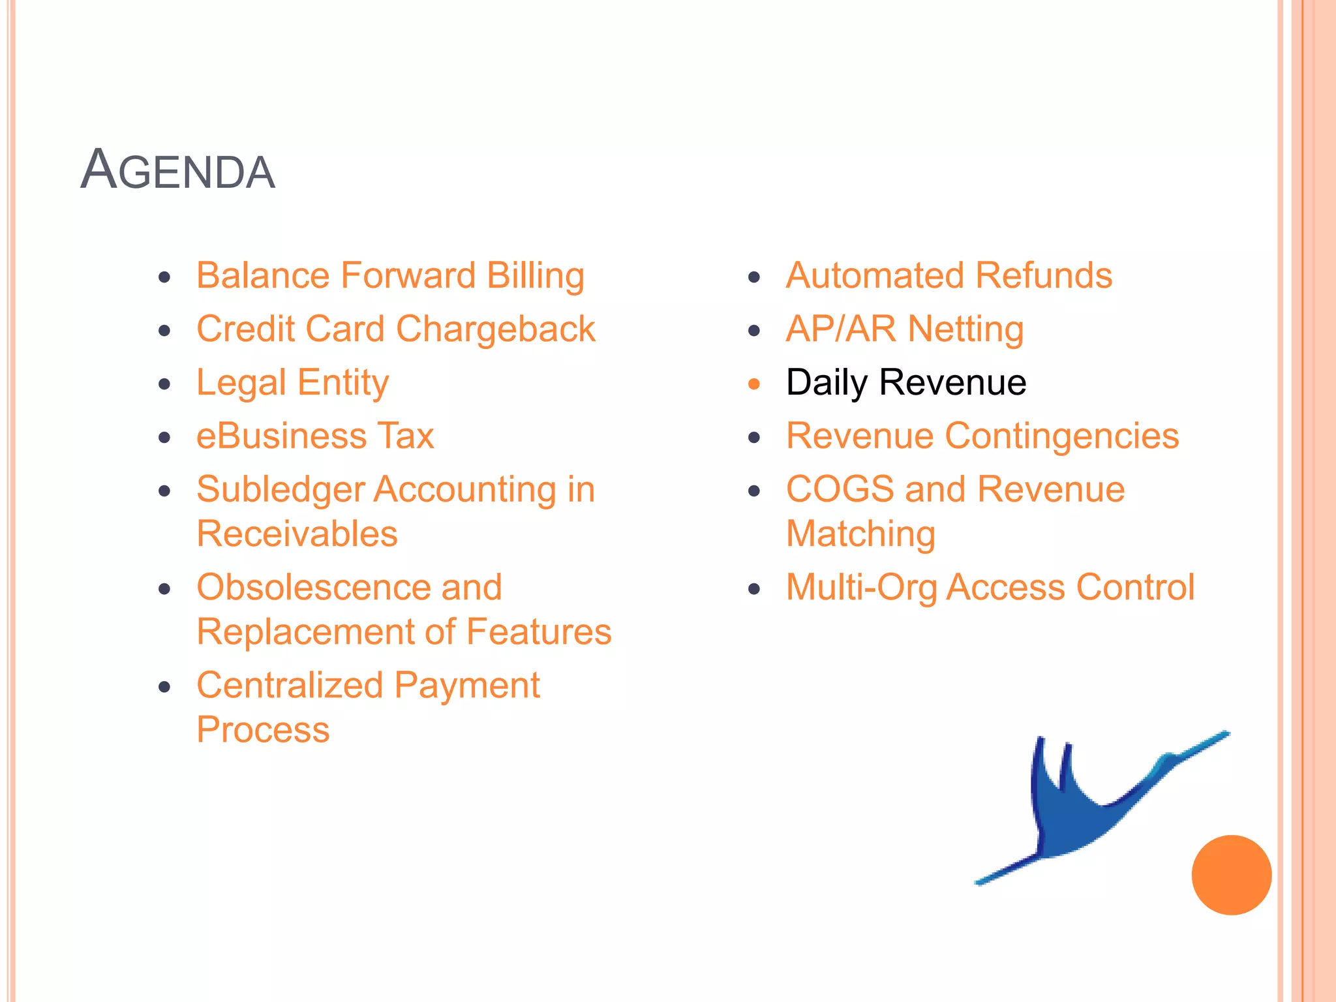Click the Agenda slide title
tap(177, 170)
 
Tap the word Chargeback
tap(495, 329)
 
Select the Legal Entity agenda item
tap(292, 383)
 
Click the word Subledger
tap(280, 490)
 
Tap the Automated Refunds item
tap(949, 275)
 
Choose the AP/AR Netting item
tap(904, 329)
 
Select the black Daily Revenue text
tap(905, 382)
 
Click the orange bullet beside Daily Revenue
tap(754, 384)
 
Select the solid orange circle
tap(1231, 875)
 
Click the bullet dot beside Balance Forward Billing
tap(164, 277)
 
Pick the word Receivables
tap(297, 534)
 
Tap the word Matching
tap(860, 534)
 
